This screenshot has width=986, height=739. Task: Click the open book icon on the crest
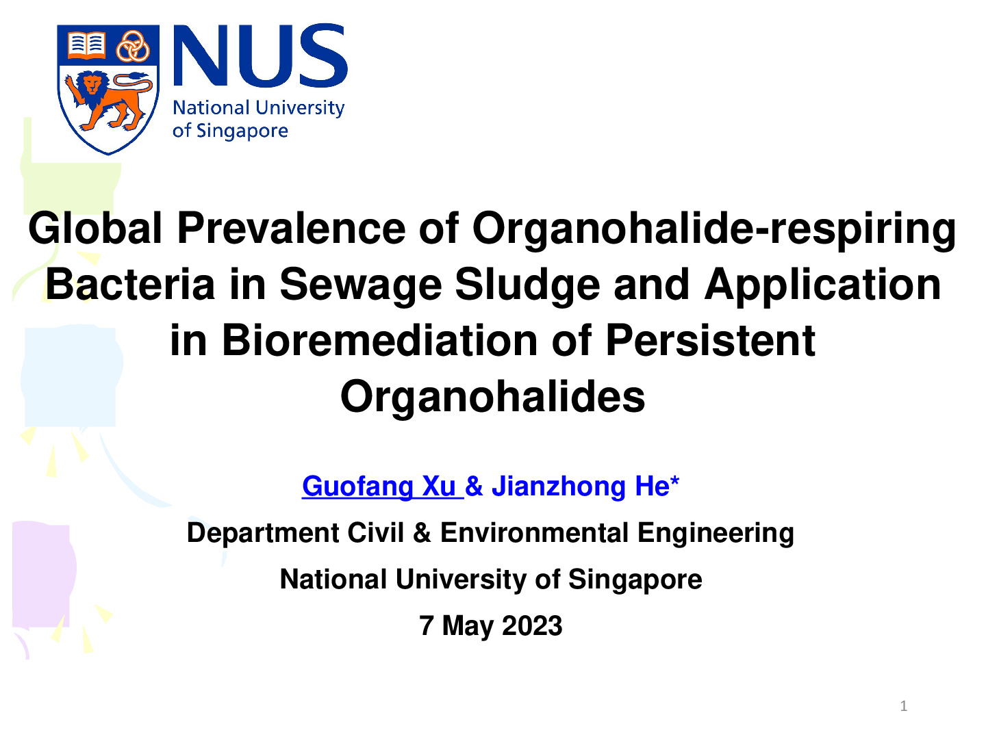(x=87, y=45)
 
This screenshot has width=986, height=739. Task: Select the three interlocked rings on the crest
(x=133, y=46)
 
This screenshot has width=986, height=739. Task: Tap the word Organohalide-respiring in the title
(x=714, y=230)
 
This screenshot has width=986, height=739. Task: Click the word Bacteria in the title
(x=130, y=285)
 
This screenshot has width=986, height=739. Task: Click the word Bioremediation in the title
(x=379, y=340)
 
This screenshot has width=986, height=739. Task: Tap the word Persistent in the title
(x=710, y=340)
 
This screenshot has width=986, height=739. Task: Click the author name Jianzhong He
(x=585, y=487)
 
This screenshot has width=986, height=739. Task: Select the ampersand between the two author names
(x=474, y=487)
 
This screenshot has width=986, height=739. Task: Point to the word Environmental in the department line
(x=534, y=532)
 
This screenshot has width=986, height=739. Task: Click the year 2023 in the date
(x=532, y=625)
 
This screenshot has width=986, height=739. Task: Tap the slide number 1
(x=904, y=705)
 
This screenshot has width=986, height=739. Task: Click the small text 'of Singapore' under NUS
(x=230, y=131)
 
